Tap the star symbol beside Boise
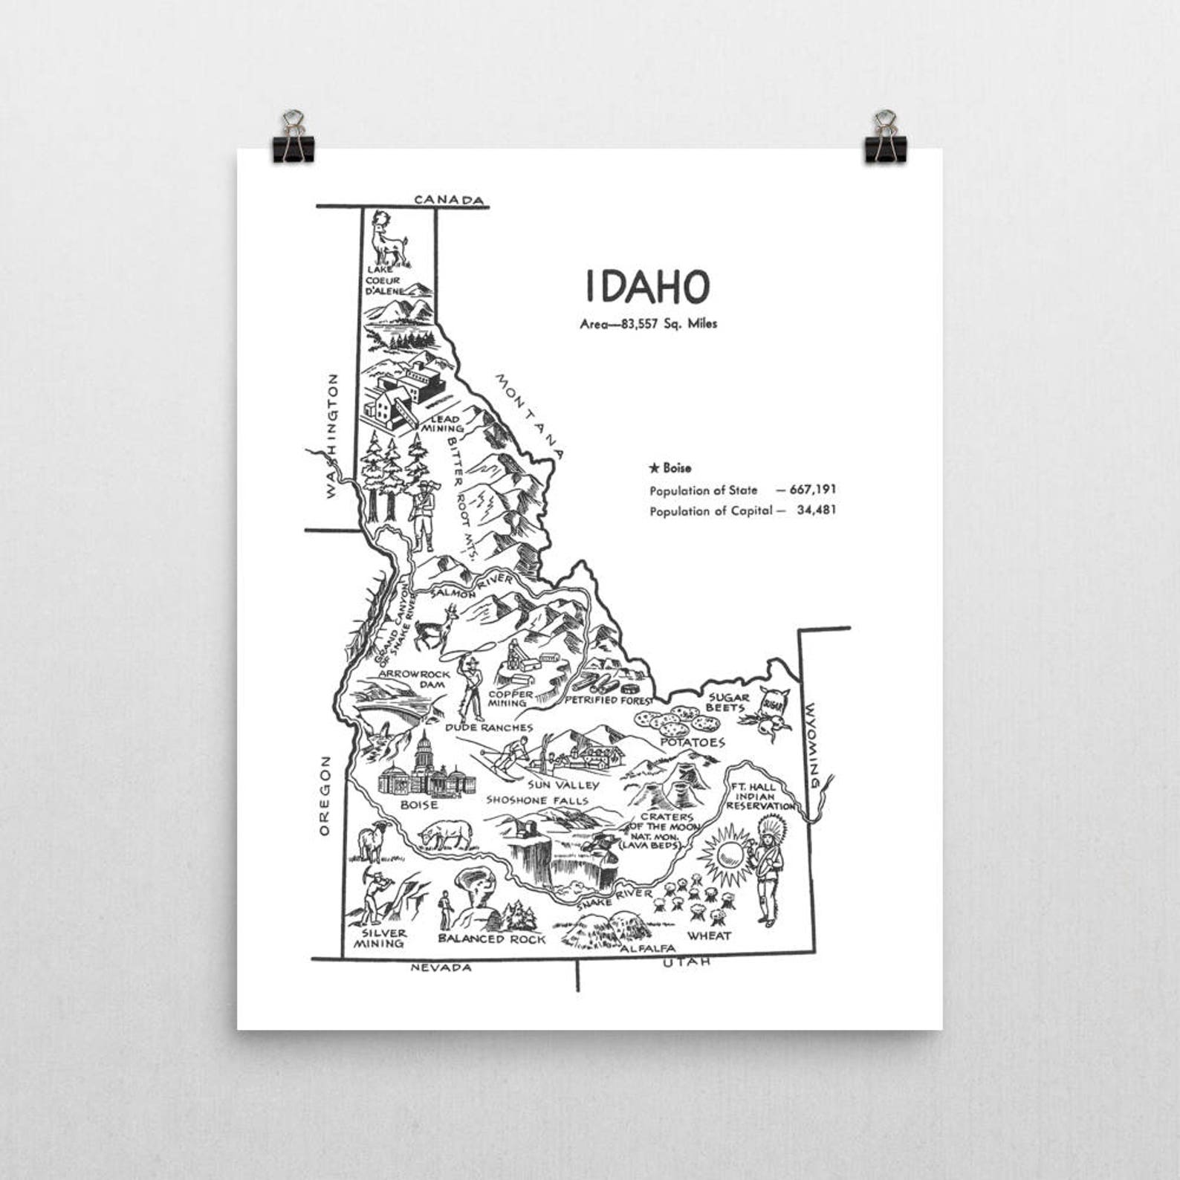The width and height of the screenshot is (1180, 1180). [x=654, y=468]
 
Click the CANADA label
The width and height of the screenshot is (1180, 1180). [x=449, y=200]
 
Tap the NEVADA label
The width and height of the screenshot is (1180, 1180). [x=441, y=967]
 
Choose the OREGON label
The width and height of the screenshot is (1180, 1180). [x=324, y=796]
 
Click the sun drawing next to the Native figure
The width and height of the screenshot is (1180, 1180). [x=726, y=854]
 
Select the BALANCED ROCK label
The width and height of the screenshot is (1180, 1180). [x=491, y=939]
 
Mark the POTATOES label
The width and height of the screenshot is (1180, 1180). [x=692, y=742]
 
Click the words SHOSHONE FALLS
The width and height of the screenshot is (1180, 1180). [x=537, y=800]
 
